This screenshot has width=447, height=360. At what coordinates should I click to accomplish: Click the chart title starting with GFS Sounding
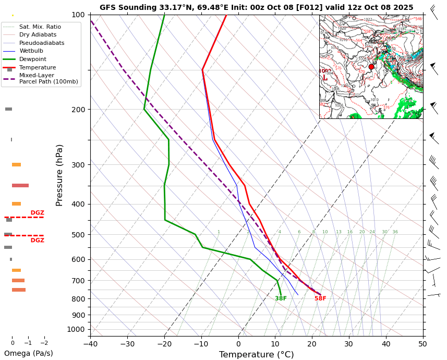click(x=256, y=7)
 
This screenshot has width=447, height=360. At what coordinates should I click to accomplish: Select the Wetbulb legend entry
click(x=31, y=51)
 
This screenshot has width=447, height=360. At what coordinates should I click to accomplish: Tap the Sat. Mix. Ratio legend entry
click(x=40, y=27)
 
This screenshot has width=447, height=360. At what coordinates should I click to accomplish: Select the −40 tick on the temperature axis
click(x=90, y=343)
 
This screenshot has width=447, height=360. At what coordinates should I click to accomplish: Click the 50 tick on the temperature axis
click(x=422, y=343)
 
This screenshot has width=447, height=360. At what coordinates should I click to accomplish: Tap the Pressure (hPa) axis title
click(x=59, y=175)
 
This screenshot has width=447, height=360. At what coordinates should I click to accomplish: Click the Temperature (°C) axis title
click(x=256, y=355)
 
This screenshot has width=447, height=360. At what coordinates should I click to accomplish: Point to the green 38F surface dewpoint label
click(x=281, y=298)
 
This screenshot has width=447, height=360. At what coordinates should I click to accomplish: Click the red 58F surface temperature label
click(x=320, y=298)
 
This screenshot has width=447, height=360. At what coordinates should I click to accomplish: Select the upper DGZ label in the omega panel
click(x=37, y=213)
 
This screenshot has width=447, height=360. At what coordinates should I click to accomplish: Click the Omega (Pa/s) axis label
click(x=29, y=353)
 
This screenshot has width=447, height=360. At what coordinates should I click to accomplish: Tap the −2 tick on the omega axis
click(x=44, y=343)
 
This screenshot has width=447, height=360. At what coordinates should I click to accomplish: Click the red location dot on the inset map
click(x=371, y=67)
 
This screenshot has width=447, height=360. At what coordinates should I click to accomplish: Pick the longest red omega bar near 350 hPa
click(x=20, y=185)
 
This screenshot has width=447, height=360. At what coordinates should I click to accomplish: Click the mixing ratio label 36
click(x=395, y=232)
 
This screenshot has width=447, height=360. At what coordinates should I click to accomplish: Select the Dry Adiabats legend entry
click(x=38, y=34)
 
